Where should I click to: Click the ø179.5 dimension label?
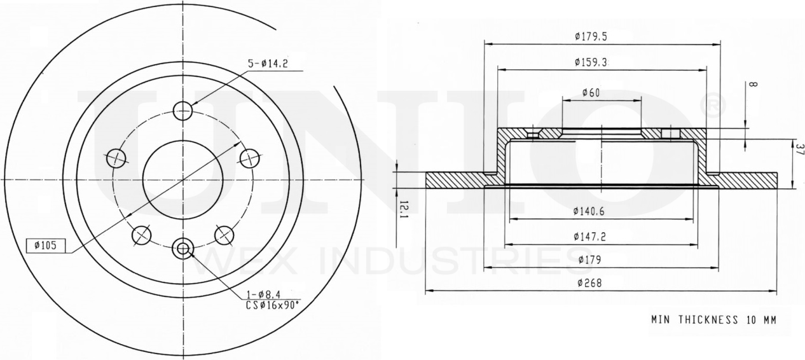click(x=591, y=37)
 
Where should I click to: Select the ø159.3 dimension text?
click(x=591, y=62)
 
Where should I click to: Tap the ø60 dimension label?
click(x=591, y=93)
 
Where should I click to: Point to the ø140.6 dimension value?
click(x=591, y=211)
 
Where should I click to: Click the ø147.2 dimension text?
click(x=591, y=236)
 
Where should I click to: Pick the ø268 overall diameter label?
click(x=591, y=284)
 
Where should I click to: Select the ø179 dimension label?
click(x=591, y=260)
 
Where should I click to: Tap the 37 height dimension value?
click(x=799, y=150)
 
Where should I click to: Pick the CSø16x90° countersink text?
click(x=272, y=305)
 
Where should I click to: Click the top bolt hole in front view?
click(x=182, y=110)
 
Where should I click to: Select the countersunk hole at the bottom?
click(x=183, y=249)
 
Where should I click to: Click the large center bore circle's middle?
click(x=182, y=179)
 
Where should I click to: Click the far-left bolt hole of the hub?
click(x=116, y=157)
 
